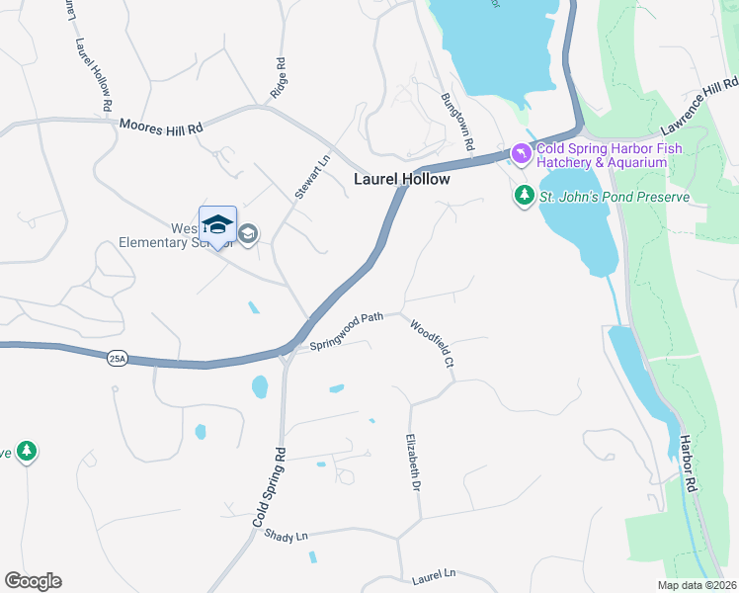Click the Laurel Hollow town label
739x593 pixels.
402,179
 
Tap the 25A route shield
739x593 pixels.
118,359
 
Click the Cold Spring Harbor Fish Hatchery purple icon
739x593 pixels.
521,154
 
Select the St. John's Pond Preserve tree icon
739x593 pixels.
525,197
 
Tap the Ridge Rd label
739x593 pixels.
280,77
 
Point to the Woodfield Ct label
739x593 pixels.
432,343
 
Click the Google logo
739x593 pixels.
33,581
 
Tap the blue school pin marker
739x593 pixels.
217,226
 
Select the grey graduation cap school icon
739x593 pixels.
247,234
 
